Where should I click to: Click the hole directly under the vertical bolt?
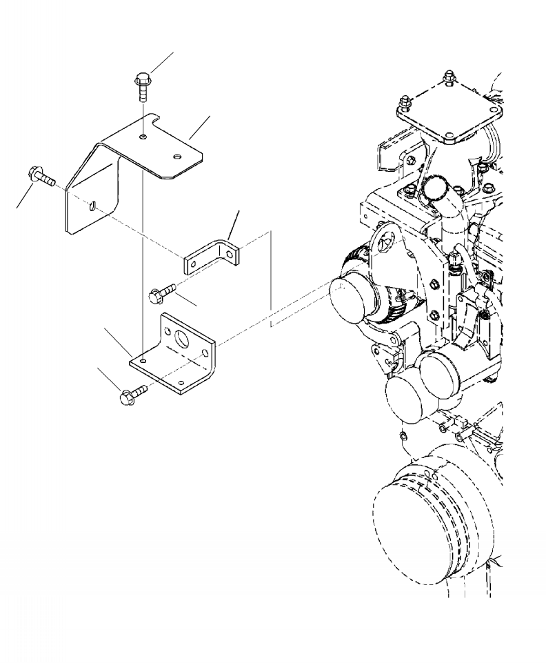click(141, 138)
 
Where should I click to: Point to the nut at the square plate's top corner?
click(449, 75)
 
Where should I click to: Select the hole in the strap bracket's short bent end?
click(232, 253)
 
